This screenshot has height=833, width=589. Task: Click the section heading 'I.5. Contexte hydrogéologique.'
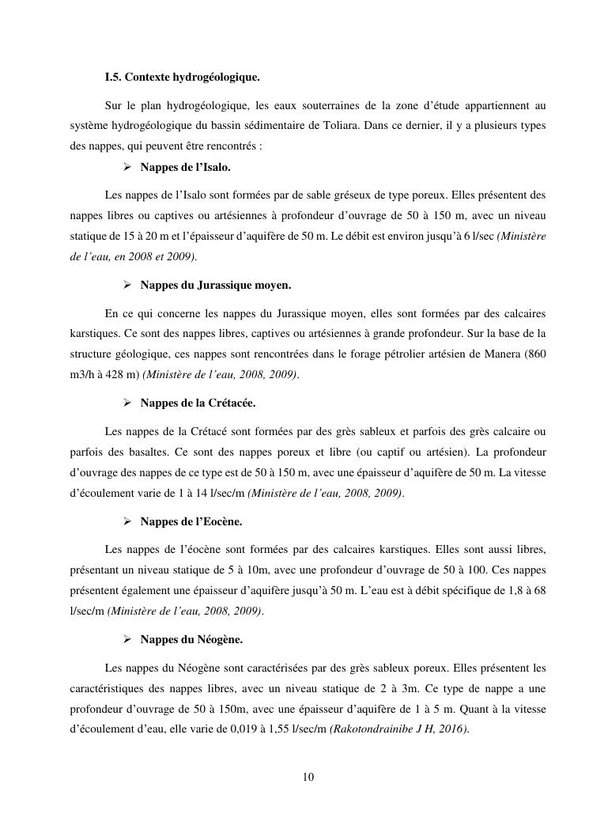(x=182, y=78)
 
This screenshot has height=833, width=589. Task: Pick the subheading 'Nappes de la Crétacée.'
(x=198, y=403)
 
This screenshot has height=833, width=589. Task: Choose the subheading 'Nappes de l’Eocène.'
(x=191, y=521)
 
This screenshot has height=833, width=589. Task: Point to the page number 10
(x=308, y=778)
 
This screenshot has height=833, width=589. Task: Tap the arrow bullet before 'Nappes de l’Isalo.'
(x=127, y=167)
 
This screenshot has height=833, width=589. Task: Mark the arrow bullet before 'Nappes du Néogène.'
(x=127, y=639)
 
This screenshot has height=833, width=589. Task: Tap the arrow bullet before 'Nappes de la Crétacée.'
(x=127, y=403)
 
